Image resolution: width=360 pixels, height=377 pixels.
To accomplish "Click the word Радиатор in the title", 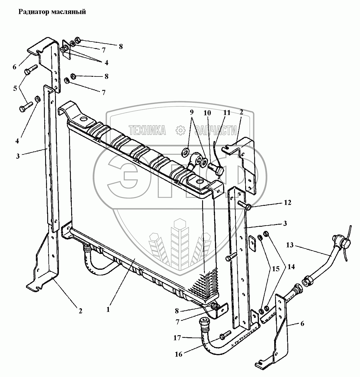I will [x=33, y=12].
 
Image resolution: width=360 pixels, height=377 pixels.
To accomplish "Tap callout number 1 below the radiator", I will [x=108, y=310].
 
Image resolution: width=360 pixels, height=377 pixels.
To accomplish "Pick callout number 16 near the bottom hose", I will [x=179, y=354].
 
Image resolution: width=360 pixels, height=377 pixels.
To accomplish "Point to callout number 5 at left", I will [x=15, y=88].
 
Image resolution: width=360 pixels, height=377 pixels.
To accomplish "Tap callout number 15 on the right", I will [x=276, y=269].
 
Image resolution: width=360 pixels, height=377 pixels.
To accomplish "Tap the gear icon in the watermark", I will [x=180, y=130].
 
